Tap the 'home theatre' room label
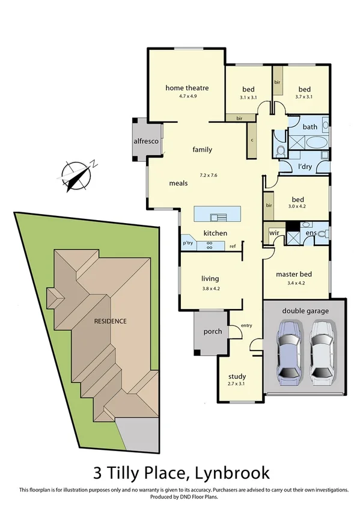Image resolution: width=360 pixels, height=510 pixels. pos(186,88)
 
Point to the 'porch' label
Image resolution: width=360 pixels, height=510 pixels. pos(213,331)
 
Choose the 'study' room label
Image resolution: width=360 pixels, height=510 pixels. pos(237,377)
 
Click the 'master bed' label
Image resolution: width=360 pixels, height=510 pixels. pos(293,275)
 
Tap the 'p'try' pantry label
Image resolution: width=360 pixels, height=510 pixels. pos(188,243)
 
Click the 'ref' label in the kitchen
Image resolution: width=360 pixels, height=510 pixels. pos(231,245)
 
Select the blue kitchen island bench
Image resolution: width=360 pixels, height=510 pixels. pos(217,214)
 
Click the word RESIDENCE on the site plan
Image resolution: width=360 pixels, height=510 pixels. pos(110,321)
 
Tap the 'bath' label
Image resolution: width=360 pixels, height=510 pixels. pos(310,127)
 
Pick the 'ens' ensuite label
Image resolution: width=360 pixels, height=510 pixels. pos(311,232)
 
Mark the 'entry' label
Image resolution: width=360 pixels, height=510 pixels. pos(246,325)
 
